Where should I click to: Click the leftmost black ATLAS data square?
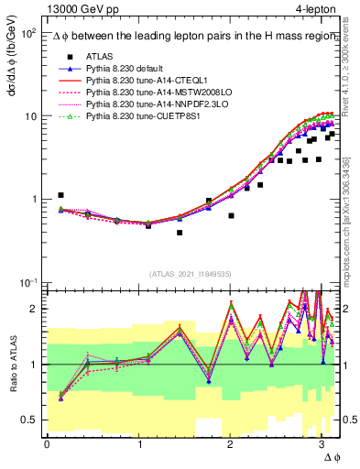(60, 195)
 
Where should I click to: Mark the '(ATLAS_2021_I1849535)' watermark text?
(191, 273)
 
